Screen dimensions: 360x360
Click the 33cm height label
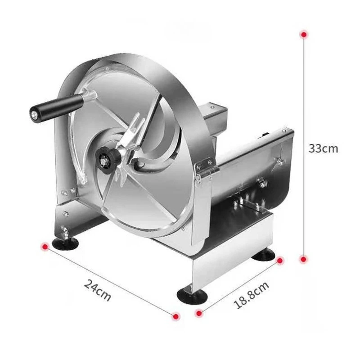(323, 148)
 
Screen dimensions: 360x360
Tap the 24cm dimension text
(97, 290)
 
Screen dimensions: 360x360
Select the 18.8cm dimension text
(252, 295)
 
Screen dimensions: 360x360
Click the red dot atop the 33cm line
(304, 34)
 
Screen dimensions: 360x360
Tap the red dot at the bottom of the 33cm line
(304, 259)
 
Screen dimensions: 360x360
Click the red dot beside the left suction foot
(45, 247)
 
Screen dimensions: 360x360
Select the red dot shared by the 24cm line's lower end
(176, 316)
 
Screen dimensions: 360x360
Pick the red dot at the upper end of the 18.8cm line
(279, 261)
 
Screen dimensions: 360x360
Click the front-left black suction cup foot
(65, 243)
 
